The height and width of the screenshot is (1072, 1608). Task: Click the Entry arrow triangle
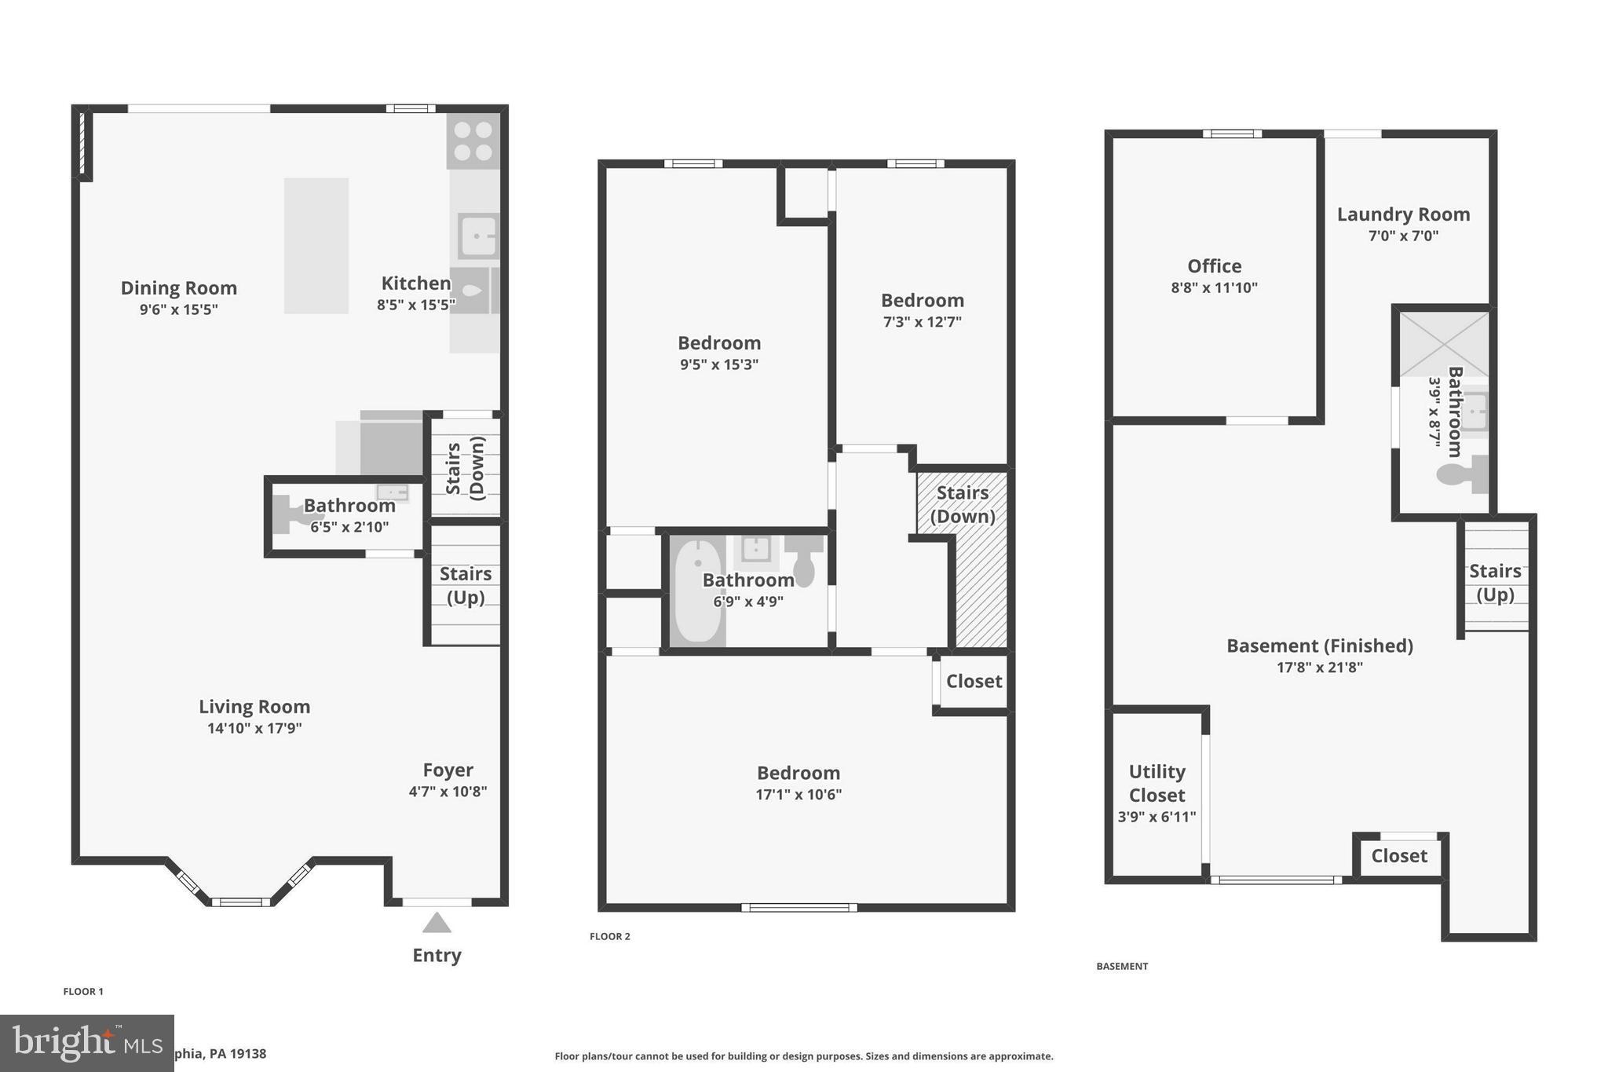[437, 923]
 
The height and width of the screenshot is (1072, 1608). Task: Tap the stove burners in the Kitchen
[473, 141]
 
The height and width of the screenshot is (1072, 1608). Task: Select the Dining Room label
[179, 288]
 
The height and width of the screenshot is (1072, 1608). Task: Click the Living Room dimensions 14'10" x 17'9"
[254, 728]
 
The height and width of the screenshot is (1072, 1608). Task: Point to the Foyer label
[448, 770]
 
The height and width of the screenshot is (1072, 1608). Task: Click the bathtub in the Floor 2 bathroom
[697, 591]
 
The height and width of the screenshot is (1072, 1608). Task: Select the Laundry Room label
[1403, 214]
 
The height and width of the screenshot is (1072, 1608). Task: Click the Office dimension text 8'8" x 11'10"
[1214, 287]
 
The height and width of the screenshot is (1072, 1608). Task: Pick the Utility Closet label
[1157, 783]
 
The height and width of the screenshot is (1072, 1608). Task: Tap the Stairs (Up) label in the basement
[1495, 583]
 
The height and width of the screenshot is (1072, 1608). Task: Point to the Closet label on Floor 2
[974, 681]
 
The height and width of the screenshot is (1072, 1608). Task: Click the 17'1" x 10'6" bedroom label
[799, 794]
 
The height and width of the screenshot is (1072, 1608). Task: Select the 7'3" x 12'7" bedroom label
[922, 321]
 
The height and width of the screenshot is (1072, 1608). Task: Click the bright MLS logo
[86, 1043]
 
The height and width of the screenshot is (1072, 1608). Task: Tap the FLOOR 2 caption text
[610, 936]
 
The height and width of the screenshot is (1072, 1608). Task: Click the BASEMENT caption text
[1122, 966]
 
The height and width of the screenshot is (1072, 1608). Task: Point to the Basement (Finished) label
[1319, 646]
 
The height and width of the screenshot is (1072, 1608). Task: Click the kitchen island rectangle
[316, 246]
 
